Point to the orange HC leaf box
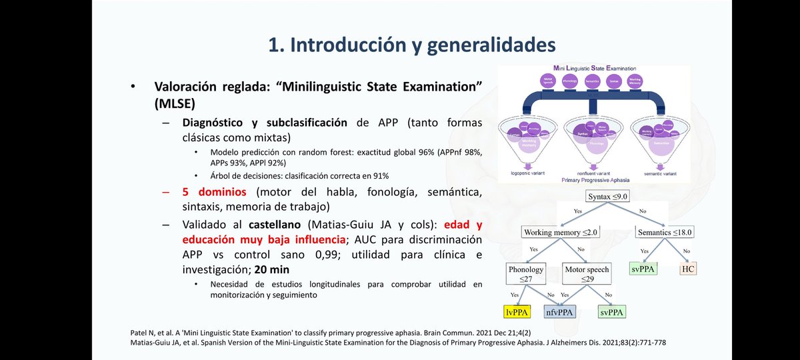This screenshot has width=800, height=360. pos(688,269)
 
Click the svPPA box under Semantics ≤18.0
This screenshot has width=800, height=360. pos(643,269)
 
